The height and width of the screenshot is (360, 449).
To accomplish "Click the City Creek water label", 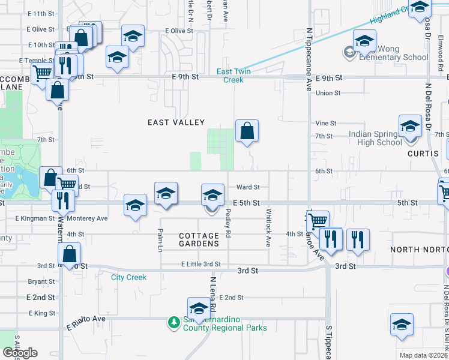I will pyautogui.click(x=128, y=277).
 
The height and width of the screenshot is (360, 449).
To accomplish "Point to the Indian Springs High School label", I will pyautogui.click(x=375, y=139).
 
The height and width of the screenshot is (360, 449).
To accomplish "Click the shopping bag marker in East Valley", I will pyautogui.click(x=247, y=131).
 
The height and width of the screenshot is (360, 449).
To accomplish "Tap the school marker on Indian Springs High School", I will pyautogui.click(x=410, y=128).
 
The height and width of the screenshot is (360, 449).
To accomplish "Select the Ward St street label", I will pyautogui.click(x=248, y=187).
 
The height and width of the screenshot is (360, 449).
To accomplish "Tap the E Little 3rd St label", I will pyautogui.click(x=201, y=264).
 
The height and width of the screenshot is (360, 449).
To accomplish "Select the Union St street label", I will pyautogui.click(x=328, y=93).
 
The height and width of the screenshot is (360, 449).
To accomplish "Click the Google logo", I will pyautogui.click(x=20, y=353).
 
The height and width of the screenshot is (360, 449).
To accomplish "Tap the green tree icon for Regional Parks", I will pyautogui.click(x=174, y=323).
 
